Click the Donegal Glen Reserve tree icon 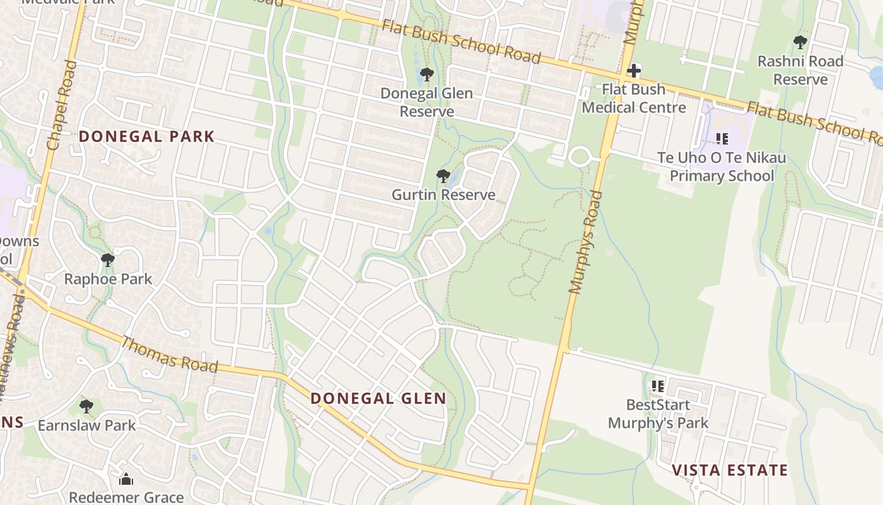(x=426, y=74)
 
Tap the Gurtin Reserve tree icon (x=443, y=175)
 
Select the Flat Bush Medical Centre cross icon (x=634, y=70)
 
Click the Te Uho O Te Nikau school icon (x=722, y=138)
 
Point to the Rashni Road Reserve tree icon (x=800, y=42)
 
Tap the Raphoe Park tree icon (x=108, y=259)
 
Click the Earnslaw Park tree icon (x=86, y=407)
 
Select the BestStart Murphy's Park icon (x=657, y=385)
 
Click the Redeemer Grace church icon (x=126, y=479)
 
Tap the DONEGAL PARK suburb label (x=146, y=136)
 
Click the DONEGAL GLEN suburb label (x=378, y=398)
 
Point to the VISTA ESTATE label (x=730, y=470)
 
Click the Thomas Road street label (x=169, y=355)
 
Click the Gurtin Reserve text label (x=443, y=194)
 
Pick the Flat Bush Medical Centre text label (x=634, y=98)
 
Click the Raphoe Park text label (x=108, y=279)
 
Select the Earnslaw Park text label (x=86, y=425)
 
